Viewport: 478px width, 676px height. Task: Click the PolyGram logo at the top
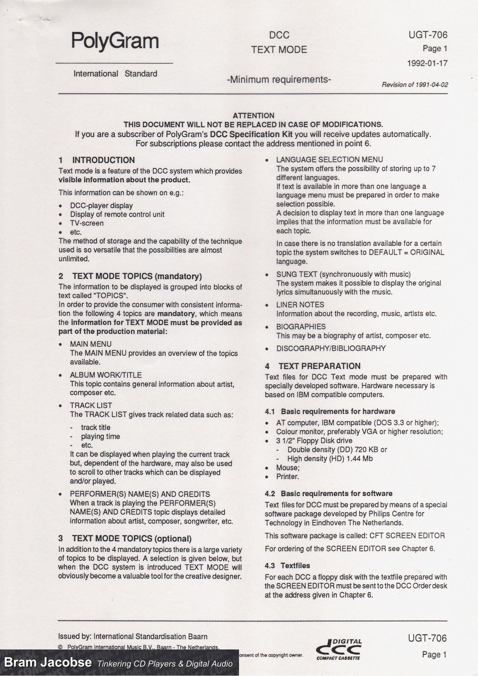coord(115,41)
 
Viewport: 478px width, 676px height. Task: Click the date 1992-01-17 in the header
coord(427,63)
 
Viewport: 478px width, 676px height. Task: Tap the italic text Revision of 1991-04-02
coord(415,85)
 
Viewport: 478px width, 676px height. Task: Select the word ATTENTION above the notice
coord(253,115)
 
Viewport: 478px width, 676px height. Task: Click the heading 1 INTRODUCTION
coord(97,160)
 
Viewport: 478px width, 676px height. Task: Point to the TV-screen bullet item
coord(87,223)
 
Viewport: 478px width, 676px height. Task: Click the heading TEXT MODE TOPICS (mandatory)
coord(130,276)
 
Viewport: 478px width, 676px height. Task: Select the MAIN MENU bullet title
coord(90,344)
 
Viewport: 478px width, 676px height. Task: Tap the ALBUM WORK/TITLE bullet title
coord(106,375)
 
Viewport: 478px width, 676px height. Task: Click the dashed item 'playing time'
coord(100,436)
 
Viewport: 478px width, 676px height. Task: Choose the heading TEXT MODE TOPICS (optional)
coord(125,538)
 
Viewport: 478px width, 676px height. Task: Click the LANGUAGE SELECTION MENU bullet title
coord(329,160)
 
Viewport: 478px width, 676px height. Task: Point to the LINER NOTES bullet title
coord(300,305)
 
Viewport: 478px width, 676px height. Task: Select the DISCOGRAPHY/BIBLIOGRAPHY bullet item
coord(331,348)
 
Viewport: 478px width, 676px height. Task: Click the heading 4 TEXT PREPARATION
coord(313,366)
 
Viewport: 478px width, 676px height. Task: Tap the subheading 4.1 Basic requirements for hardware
coord(330,411)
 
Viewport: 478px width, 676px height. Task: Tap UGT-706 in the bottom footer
coord(427,638)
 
